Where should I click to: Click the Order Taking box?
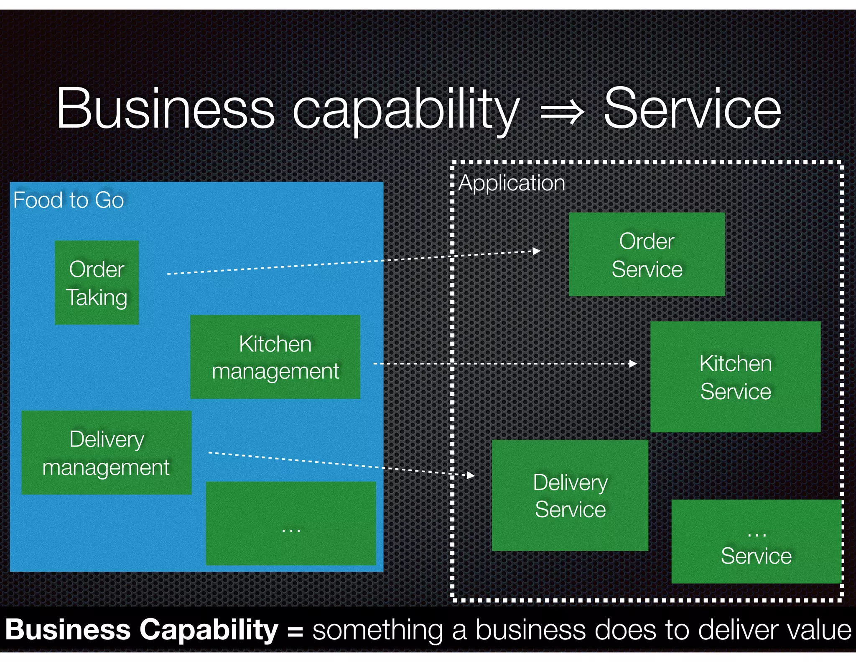coord(97,282)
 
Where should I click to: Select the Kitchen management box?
coord(275,357)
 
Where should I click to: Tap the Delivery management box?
coord(106,452)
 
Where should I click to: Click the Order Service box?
coord(647,254)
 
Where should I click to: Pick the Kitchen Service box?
coord(735,377)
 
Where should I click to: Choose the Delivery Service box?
coord(570,495)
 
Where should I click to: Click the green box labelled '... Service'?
coord(756,541)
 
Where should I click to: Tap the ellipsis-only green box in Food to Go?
coord(290,523)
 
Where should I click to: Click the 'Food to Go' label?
coord(69,200)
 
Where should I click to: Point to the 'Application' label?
coord(512,183)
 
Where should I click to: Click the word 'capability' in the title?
coord(405,110)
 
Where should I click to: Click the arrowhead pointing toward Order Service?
coord(537,251)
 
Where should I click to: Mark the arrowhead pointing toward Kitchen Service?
coord(633,364)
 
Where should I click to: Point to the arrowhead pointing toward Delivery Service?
coord(471,475)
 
